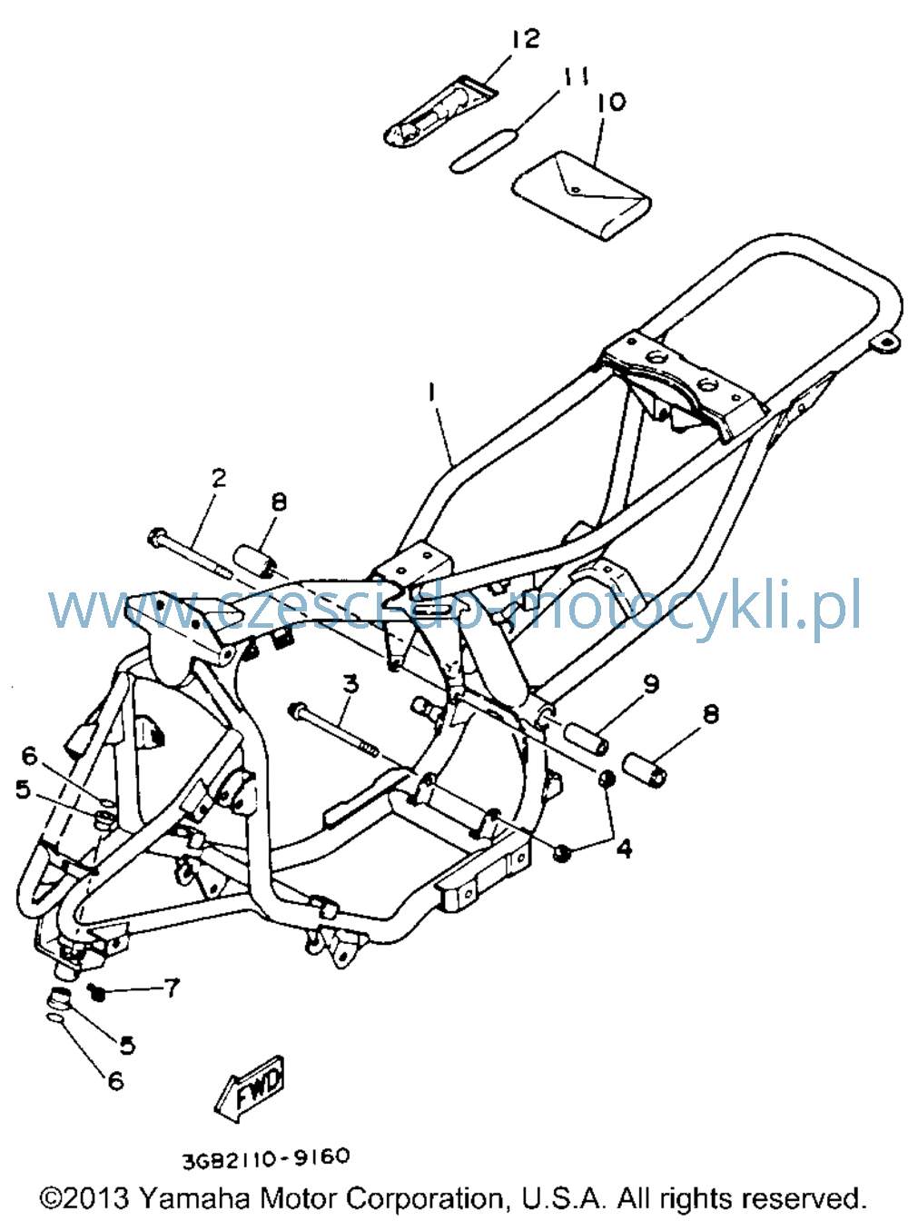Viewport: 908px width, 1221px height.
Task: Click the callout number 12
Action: [526, 38]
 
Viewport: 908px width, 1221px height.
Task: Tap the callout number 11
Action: [574, 76]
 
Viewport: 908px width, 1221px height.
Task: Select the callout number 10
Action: [611, 102]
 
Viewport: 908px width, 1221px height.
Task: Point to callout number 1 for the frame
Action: [432, 392]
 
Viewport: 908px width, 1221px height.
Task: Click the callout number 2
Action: [219, 478]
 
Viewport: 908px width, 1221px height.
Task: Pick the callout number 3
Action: [350, 684]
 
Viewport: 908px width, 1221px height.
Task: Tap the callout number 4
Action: [624, 849]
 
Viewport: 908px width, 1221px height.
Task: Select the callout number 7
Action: [172, 988]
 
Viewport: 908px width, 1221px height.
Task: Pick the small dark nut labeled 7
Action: [97, 993]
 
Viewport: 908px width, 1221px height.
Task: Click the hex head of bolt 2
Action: [156, 536]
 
